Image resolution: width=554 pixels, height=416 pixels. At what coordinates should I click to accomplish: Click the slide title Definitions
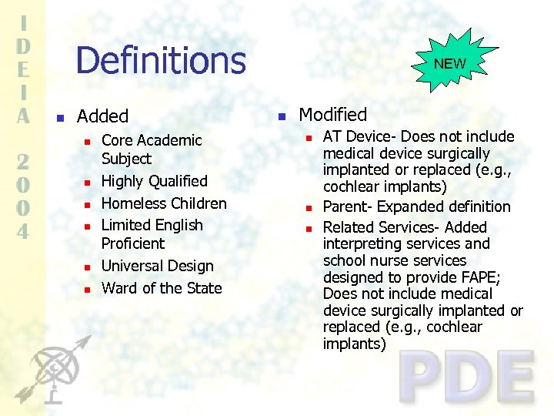[160, 61]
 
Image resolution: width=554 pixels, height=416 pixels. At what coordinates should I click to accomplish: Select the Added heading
[102, 116]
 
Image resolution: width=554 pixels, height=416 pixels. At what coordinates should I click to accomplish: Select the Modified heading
[332, 115]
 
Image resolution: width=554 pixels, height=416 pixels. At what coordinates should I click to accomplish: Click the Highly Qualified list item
[155, 181]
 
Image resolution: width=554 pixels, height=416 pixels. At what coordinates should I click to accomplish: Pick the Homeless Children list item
[164, 203]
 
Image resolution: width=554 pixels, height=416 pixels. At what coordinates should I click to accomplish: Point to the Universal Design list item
[158, 266]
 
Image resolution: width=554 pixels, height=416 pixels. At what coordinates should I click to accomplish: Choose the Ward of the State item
[162, 288]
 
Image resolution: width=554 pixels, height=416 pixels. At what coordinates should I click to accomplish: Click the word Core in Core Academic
[117, 140]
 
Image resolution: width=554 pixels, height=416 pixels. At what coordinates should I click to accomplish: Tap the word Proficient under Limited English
[133, 243]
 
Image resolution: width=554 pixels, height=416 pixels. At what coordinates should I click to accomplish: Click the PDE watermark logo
[467, 377]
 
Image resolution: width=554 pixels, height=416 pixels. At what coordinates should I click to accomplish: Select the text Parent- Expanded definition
[416, 206]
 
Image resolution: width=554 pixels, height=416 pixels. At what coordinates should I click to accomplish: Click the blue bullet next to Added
[58, 118]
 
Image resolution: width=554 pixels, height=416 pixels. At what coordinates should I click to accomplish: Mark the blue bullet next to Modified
[282, 116]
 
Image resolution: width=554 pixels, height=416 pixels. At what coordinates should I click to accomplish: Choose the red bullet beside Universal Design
[87, 267]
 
